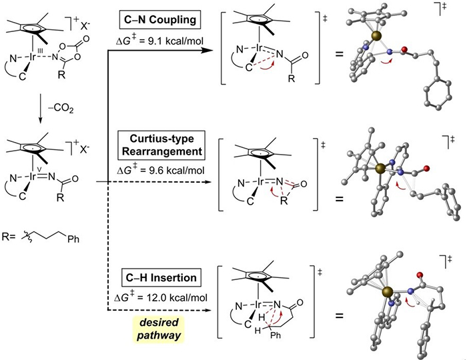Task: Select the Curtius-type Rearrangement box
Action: (x=161, y=145)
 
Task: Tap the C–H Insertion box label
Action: (x=161, y=277)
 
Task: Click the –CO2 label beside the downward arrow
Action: (x=60, y=109)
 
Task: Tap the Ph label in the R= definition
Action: (x=73, y=239)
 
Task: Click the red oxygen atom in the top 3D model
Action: (x=404, y=49)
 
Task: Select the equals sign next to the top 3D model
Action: (x=340, y=54)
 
